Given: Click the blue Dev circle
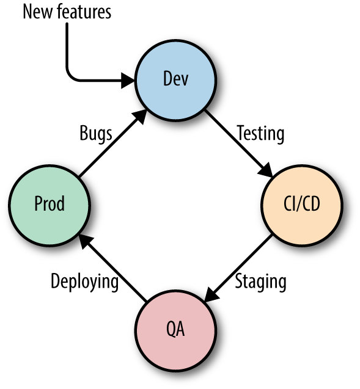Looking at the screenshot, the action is click(x=176, y=81).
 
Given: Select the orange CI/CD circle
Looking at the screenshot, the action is click(x=302, y=205).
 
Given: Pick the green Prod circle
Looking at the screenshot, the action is click(x=50, y=205).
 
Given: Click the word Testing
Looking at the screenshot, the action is click(x=260, y=134).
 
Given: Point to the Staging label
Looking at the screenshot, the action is click(x=261, y=282).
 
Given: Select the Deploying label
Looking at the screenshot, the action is click(x=84, y=282).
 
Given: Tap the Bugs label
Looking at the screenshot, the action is click(x=96, y=134).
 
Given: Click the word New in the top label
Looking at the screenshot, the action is click(x=38, y=12).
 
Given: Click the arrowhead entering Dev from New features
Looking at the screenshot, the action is click(x=128, y=81).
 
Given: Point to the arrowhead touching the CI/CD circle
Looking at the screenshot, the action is click(x=266, y=170).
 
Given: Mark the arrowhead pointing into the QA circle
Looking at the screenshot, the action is click(x=211, y=295).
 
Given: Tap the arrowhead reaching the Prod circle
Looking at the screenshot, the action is click(x=86, y=242).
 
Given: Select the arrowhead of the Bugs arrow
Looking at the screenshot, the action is click(x=139, y=117).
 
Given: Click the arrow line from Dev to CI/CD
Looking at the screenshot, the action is click(x=239, y=144).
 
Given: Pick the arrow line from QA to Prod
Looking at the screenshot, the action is click(x=112, y=269).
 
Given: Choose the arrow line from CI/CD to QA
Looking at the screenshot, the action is click(x=238, y=269).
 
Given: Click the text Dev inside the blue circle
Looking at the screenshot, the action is click(x=176, y=79).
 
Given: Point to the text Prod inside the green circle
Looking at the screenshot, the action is click(x=50, y=203).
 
